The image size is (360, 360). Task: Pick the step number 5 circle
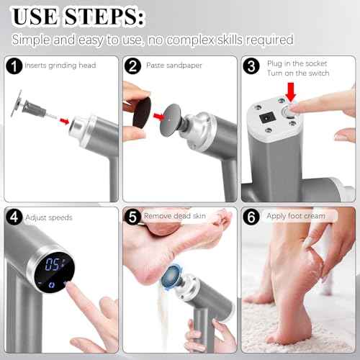[132, 216]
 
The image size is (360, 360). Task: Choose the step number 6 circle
[251, 216]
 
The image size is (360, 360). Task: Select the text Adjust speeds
[48, 216]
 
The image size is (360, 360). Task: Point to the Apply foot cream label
[295, 215]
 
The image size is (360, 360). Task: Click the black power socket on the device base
[264, 113]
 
